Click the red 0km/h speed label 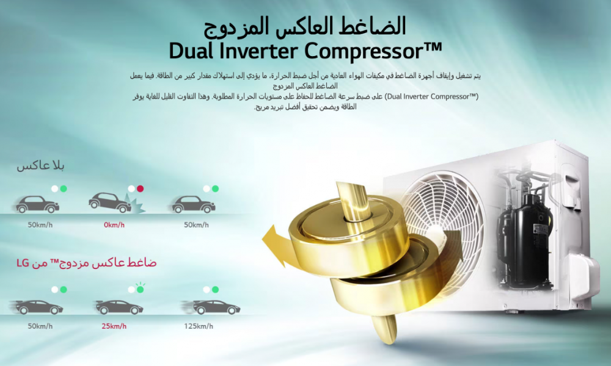pyautogui.click(x=114, y=225)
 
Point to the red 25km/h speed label pyautogui.click(x=114, y=326)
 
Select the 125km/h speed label pyautogui.click(x=199, y=326)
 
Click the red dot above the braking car pyautogui.click(x=141, y=188)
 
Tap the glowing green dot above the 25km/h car pyautogui.click(x=141, y=289)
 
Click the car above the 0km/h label pyautogui.click(x=110, y=203)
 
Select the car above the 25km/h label pyautogui.click(x=119, y=307)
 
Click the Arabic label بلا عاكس pyautogui.click(x=40, y=166)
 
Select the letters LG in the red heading pyautogui.click(x=23, y=264)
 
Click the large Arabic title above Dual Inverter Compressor pyautogui.click(x=305, y=27)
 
